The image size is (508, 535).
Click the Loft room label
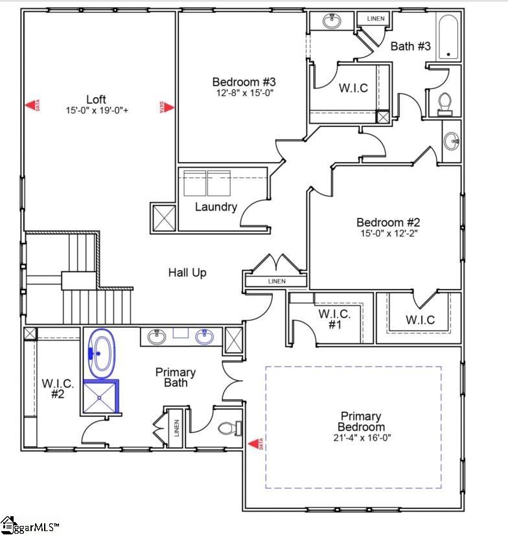coord(96,99)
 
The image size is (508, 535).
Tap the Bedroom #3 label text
coord(244,82)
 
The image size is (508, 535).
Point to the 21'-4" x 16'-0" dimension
coord(361,438)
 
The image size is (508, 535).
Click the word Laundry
coord(216,207)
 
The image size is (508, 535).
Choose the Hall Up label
coord(187,273)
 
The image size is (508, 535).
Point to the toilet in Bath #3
coord(444,104)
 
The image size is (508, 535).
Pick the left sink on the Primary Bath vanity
coord(156,337)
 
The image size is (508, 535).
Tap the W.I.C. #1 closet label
coord(334,319)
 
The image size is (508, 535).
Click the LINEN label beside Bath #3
coord(375,19)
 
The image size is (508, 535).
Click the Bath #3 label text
coord(410,47)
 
